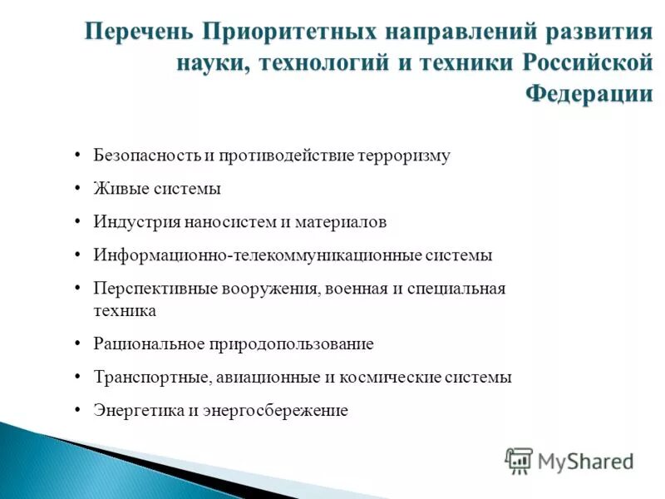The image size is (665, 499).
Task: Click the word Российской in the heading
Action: point(588,63)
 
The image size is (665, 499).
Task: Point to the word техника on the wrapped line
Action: point(125,310)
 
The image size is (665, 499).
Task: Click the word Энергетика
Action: point(133,410)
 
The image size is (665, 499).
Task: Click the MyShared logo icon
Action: point(519,460)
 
